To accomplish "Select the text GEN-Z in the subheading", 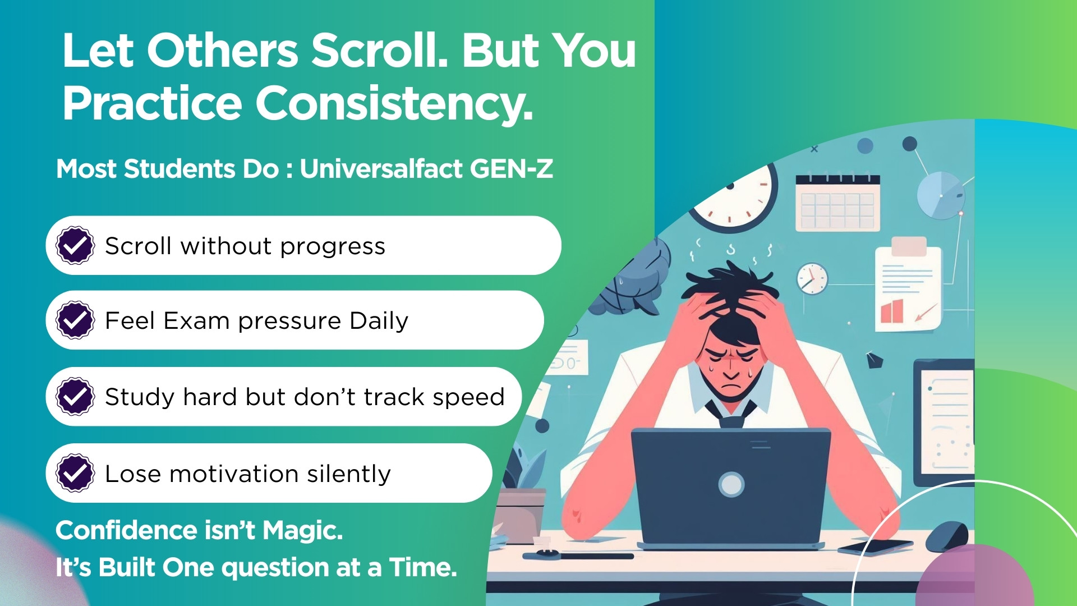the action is (x=512, y=168).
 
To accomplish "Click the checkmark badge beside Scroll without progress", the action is (x=75, y=245).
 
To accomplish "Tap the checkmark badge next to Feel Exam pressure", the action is (x=75, y=320).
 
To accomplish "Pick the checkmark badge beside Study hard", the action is (x=75, y=396).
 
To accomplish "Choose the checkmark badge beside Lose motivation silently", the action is (x=75, y=473).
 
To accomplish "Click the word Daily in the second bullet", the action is (x=379, y=322).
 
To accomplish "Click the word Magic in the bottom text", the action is (x=302, y=530).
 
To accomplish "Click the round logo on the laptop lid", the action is (x=731, y=484).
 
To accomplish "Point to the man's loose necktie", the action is (x=731, y=415).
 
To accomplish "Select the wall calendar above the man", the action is (x=837, y=203).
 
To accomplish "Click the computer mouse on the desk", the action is (x=947, y=536).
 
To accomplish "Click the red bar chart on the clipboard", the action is (x=892, y=311).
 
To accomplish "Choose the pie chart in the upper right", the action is (x=941, y=195).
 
